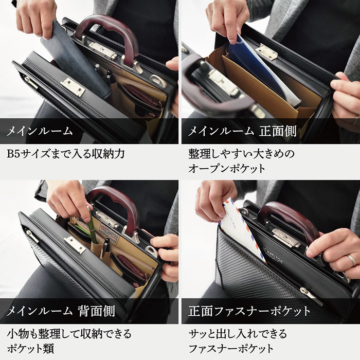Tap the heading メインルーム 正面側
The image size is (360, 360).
[x=241, y=131]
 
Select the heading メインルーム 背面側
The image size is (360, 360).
[x=60, y=311]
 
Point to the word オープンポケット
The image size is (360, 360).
[x=227, y=168]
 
